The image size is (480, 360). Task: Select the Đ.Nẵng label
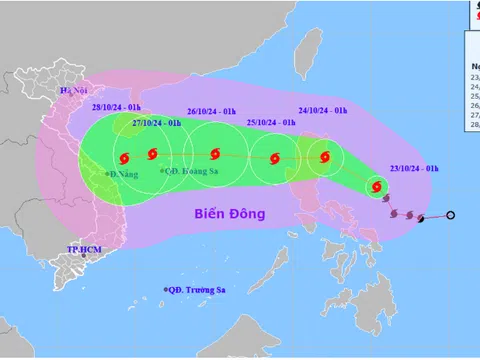point(125,174)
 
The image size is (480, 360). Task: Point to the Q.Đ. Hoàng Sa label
point(190,170)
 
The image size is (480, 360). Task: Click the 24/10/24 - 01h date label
point(322,111)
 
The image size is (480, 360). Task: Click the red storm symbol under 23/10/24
point(376,185)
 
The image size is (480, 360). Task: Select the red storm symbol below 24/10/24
point(323,156)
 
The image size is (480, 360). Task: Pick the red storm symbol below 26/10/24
point(215,154)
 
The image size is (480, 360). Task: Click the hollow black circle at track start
point(450,215)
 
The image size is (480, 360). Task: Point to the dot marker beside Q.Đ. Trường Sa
point(166,291)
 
